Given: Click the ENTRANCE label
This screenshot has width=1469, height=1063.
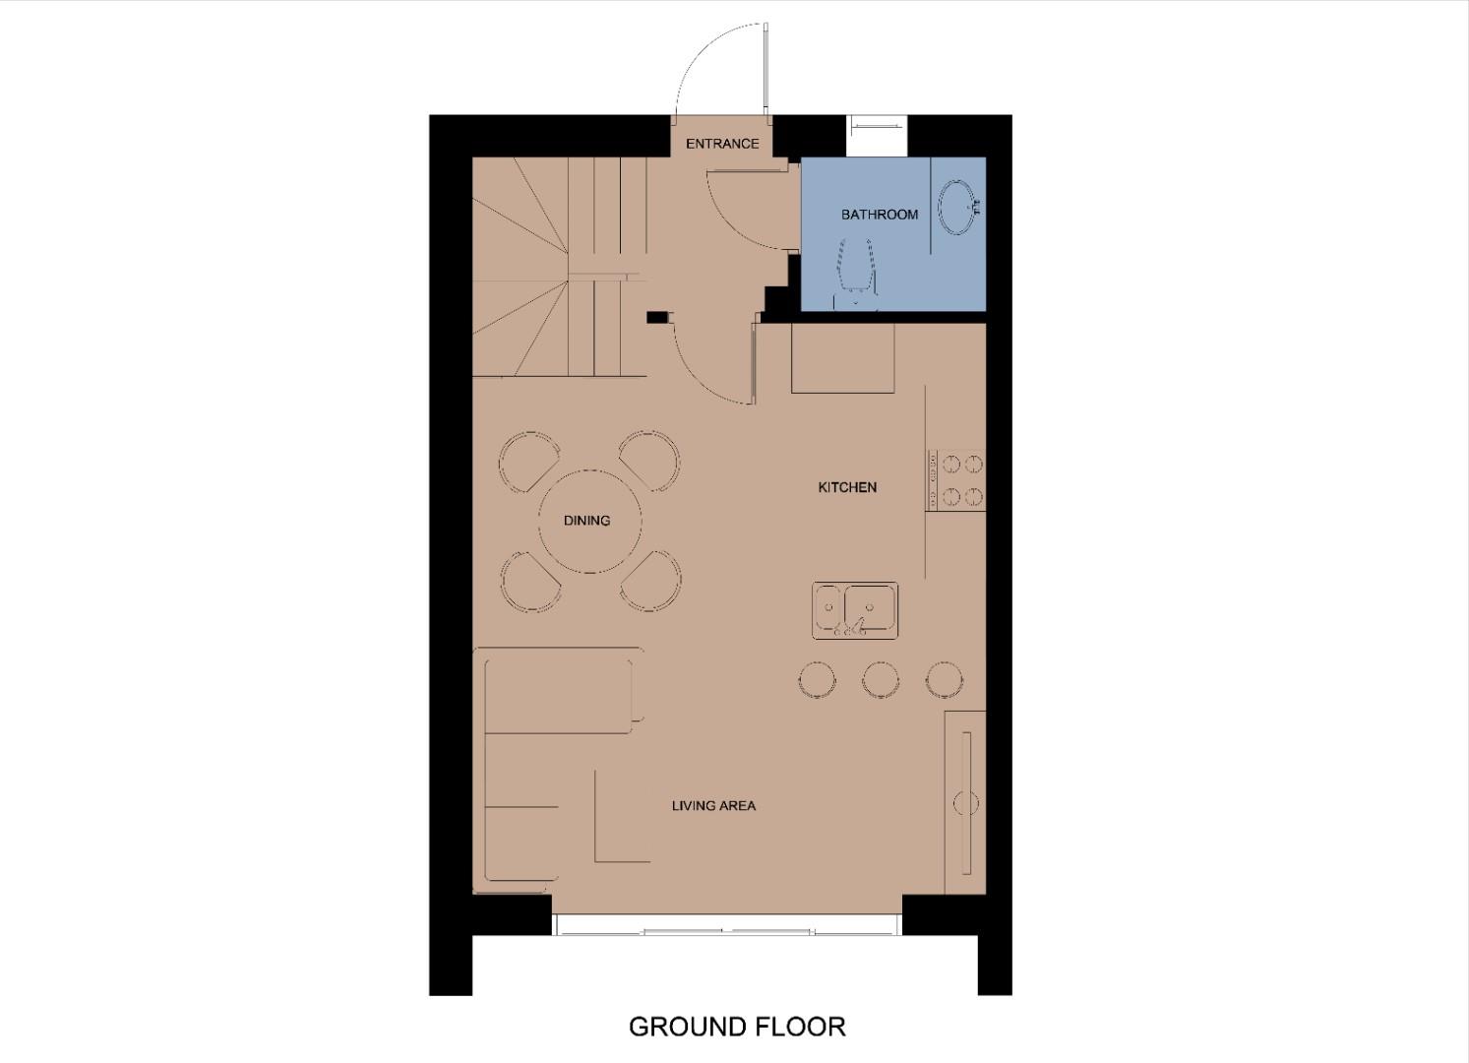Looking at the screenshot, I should click(722, 144).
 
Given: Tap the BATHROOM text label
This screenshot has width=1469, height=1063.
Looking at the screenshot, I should click(880, 215).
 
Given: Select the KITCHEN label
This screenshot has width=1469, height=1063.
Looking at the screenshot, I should click(847, 487).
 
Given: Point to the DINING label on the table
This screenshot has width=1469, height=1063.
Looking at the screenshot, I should click(586, 521).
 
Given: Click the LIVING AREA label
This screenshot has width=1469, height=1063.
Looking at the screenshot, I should click(713, 806).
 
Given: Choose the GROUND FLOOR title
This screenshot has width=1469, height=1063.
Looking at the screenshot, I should click(737, 1028).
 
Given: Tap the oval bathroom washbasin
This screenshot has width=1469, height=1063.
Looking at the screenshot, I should click(956, 207).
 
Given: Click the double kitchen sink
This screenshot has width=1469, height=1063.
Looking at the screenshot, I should click(855, 610).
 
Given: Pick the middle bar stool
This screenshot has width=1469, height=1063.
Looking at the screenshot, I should click(880, 679).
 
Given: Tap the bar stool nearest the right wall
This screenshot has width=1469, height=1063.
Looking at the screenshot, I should click(944, 679).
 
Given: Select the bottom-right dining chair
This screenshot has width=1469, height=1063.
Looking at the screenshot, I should click(650, 581).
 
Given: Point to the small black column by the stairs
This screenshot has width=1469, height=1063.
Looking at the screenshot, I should click(656, 317).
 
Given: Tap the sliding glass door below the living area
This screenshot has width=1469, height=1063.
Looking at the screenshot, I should click(727, 926).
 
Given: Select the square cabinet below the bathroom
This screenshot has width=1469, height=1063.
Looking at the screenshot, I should click(843, 357).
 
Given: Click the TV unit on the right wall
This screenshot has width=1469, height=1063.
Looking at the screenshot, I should click(965, 802).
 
